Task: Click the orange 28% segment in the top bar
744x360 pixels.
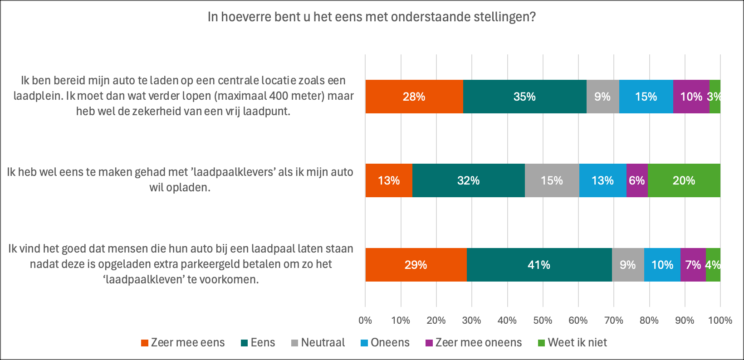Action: (x=414, y=97)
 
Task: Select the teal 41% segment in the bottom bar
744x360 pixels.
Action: (x=539, y=265)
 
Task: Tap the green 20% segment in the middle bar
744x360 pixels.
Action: (x=684, y=180)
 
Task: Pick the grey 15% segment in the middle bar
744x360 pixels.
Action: (x=552, y=180)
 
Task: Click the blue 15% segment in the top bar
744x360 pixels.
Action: (x=646, y=97)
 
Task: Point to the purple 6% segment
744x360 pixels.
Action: (x=636, y=180)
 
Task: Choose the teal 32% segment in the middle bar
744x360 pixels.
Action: (x=468, y=180)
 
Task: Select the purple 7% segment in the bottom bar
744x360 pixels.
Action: (x=693, y=265)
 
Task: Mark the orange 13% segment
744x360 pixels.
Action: (x=389, y=180)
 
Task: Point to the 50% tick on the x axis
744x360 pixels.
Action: (x=543, y=321)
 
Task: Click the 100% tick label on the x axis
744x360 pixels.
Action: (x=720, y=321)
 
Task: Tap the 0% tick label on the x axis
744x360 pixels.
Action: (x=365, y=321)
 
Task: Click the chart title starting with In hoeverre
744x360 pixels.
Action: (x=372, y=17)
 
